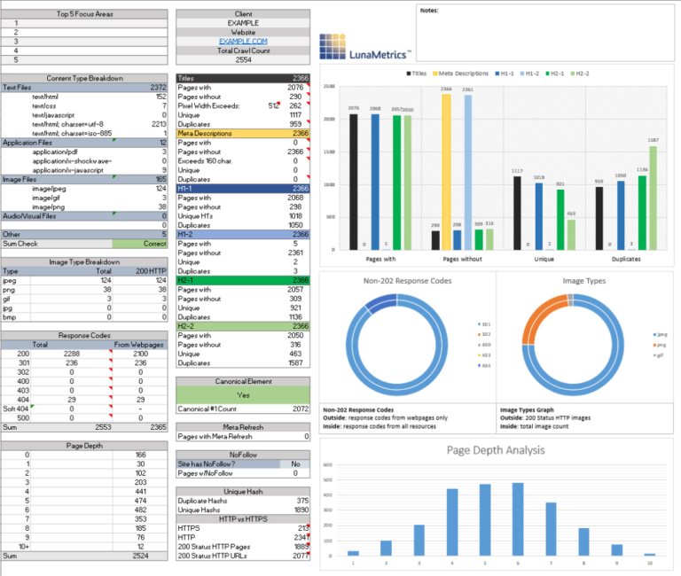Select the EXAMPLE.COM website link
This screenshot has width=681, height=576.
click(x=243, y=41)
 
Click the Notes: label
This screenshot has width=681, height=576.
click(x=429, y=12)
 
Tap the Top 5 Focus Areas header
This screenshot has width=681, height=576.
click(x=83, y=14)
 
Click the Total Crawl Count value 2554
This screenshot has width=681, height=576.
click(x=243, y=60)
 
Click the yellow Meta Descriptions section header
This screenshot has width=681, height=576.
click(x=243, y=133)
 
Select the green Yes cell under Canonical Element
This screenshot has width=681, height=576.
click(x=243, y=394)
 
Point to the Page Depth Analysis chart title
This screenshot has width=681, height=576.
click(x=496, y=450)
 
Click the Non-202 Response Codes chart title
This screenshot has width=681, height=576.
click(x=407, y=281)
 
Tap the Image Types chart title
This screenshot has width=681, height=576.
click(x=584, y=281)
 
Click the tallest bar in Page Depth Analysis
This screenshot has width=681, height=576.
click(x=518, y=520)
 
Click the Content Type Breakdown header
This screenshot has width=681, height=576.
click(x=83, y=78)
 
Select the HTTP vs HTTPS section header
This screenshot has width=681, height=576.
click(x=243, y=518)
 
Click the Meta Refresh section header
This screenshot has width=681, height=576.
click(x=243, y=426)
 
